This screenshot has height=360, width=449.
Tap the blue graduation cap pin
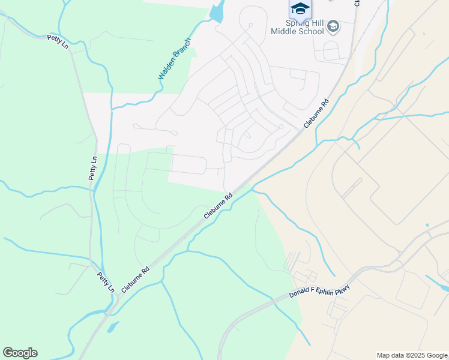pos(300,8)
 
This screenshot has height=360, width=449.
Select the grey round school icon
pos(334,26)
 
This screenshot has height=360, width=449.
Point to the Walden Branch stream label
pos(174,59)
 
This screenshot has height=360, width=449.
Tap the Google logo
pos(20,353)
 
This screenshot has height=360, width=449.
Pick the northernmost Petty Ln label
pos(58,42)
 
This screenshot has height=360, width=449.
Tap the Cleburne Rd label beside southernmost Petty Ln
pos(135,279)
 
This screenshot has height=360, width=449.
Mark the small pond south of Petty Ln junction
pos(112,328)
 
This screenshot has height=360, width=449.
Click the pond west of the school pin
pos(217,11)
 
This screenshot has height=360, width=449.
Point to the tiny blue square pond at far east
pos(427,225)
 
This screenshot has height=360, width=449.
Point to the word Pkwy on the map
pos(342,283)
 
